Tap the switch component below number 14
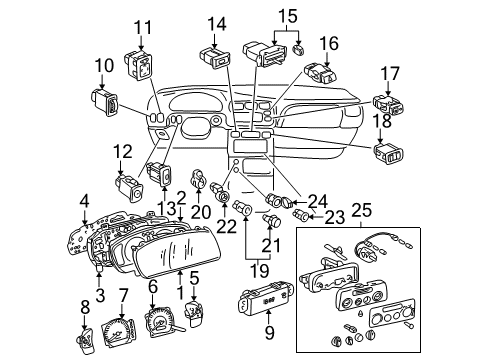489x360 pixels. coord(214,55)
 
